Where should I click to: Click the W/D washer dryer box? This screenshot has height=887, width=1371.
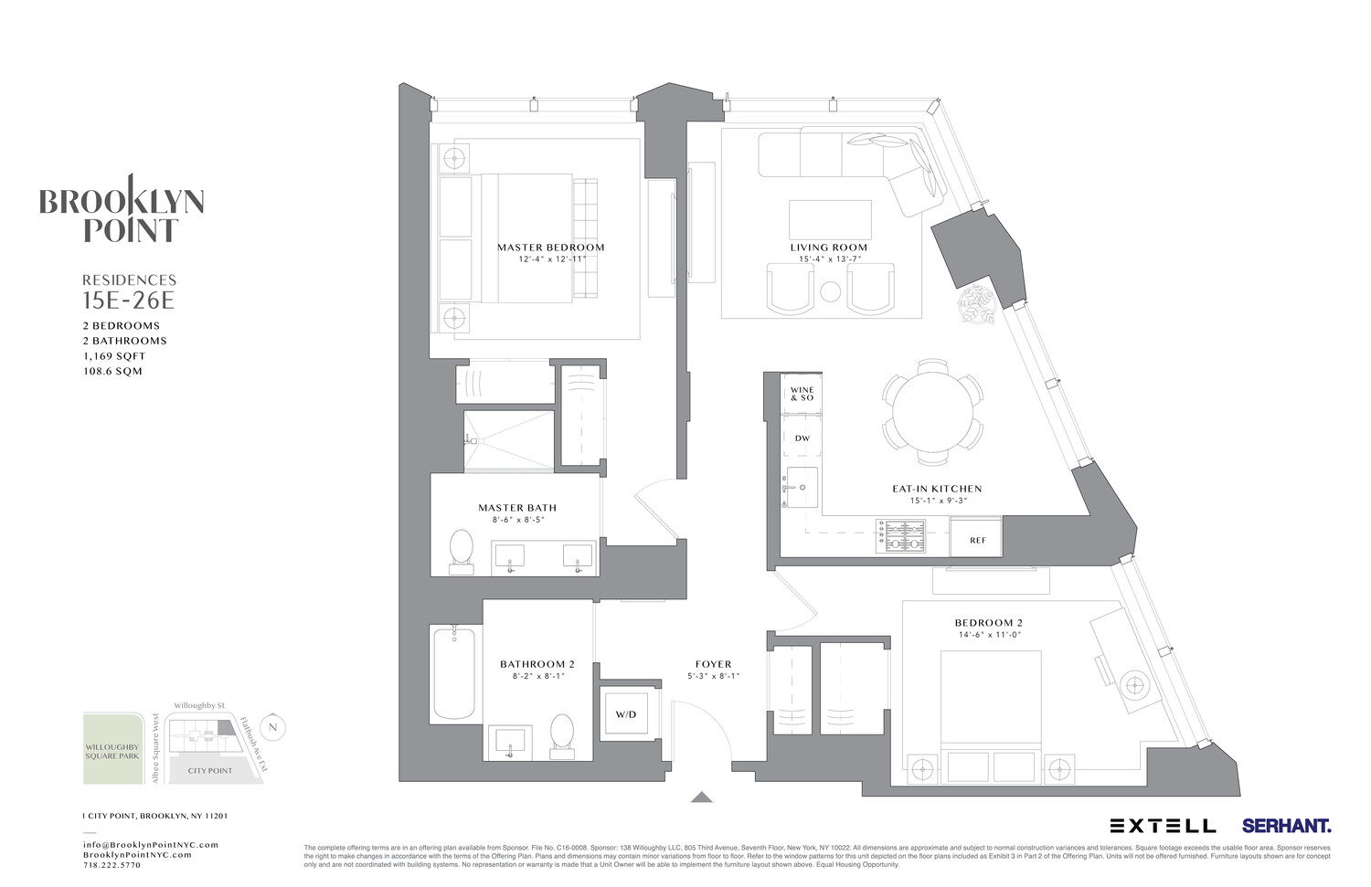tap(625, 713)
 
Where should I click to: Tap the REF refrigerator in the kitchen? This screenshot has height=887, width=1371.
tap(977, 539)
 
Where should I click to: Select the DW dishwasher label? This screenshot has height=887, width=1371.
tap(802, 438)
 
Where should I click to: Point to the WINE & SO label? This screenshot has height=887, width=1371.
tap(802, 394)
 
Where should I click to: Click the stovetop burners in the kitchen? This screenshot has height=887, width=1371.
tap(901, 536)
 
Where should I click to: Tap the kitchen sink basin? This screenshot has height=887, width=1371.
tap(802, 486)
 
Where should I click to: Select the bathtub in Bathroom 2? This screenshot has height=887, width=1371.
tap(453, 673)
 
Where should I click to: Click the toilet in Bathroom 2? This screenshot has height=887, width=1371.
tap(562, 735)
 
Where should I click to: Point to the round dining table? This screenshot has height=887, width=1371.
tap(932, 408)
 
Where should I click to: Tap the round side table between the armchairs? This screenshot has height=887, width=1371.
tap(830, 292)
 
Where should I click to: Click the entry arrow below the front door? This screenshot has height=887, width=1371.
tap(701, 797)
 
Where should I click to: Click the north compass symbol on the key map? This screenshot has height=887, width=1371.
tap(272, 727)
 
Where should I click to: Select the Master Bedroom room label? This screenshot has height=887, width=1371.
tap(550, 248)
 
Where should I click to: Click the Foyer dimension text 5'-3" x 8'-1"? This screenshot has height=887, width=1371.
tap(713, 676)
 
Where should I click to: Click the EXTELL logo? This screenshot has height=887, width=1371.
tap(1163, 826)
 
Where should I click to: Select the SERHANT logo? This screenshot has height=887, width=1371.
tap(1286, 826)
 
